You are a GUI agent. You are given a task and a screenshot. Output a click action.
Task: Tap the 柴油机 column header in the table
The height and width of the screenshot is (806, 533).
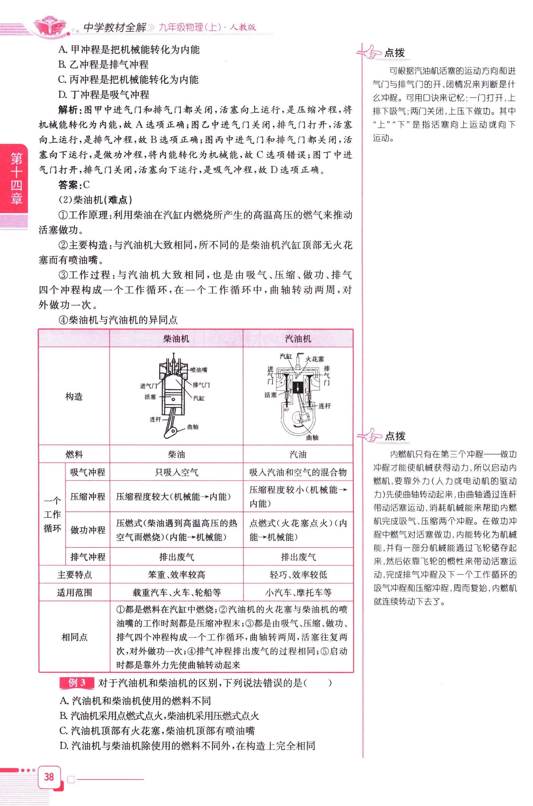[x=176, y=338]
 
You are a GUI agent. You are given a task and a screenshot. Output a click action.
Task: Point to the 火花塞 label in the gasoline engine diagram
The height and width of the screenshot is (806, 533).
[x=314, y=359]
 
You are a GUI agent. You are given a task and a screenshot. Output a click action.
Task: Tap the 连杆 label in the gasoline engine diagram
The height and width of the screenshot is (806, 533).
[x=325, y=406]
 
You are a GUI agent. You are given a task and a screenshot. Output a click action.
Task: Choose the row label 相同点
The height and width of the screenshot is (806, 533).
[x=74, y=637]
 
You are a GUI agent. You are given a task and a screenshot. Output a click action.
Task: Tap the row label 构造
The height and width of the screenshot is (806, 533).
[x=74, y=396]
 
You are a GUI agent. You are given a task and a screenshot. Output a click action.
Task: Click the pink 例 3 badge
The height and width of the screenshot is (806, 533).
[x=77, y=683]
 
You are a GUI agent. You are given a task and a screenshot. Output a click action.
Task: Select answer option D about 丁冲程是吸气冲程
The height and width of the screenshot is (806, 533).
[x=104, y=95]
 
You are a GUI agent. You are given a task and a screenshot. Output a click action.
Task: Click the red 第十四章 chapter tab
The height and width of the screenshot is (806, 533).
[x=15, y=178]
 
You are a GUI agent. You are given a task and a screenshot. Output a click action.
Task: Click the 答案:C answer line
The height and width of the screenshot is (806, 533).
[x=74, y=185]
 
